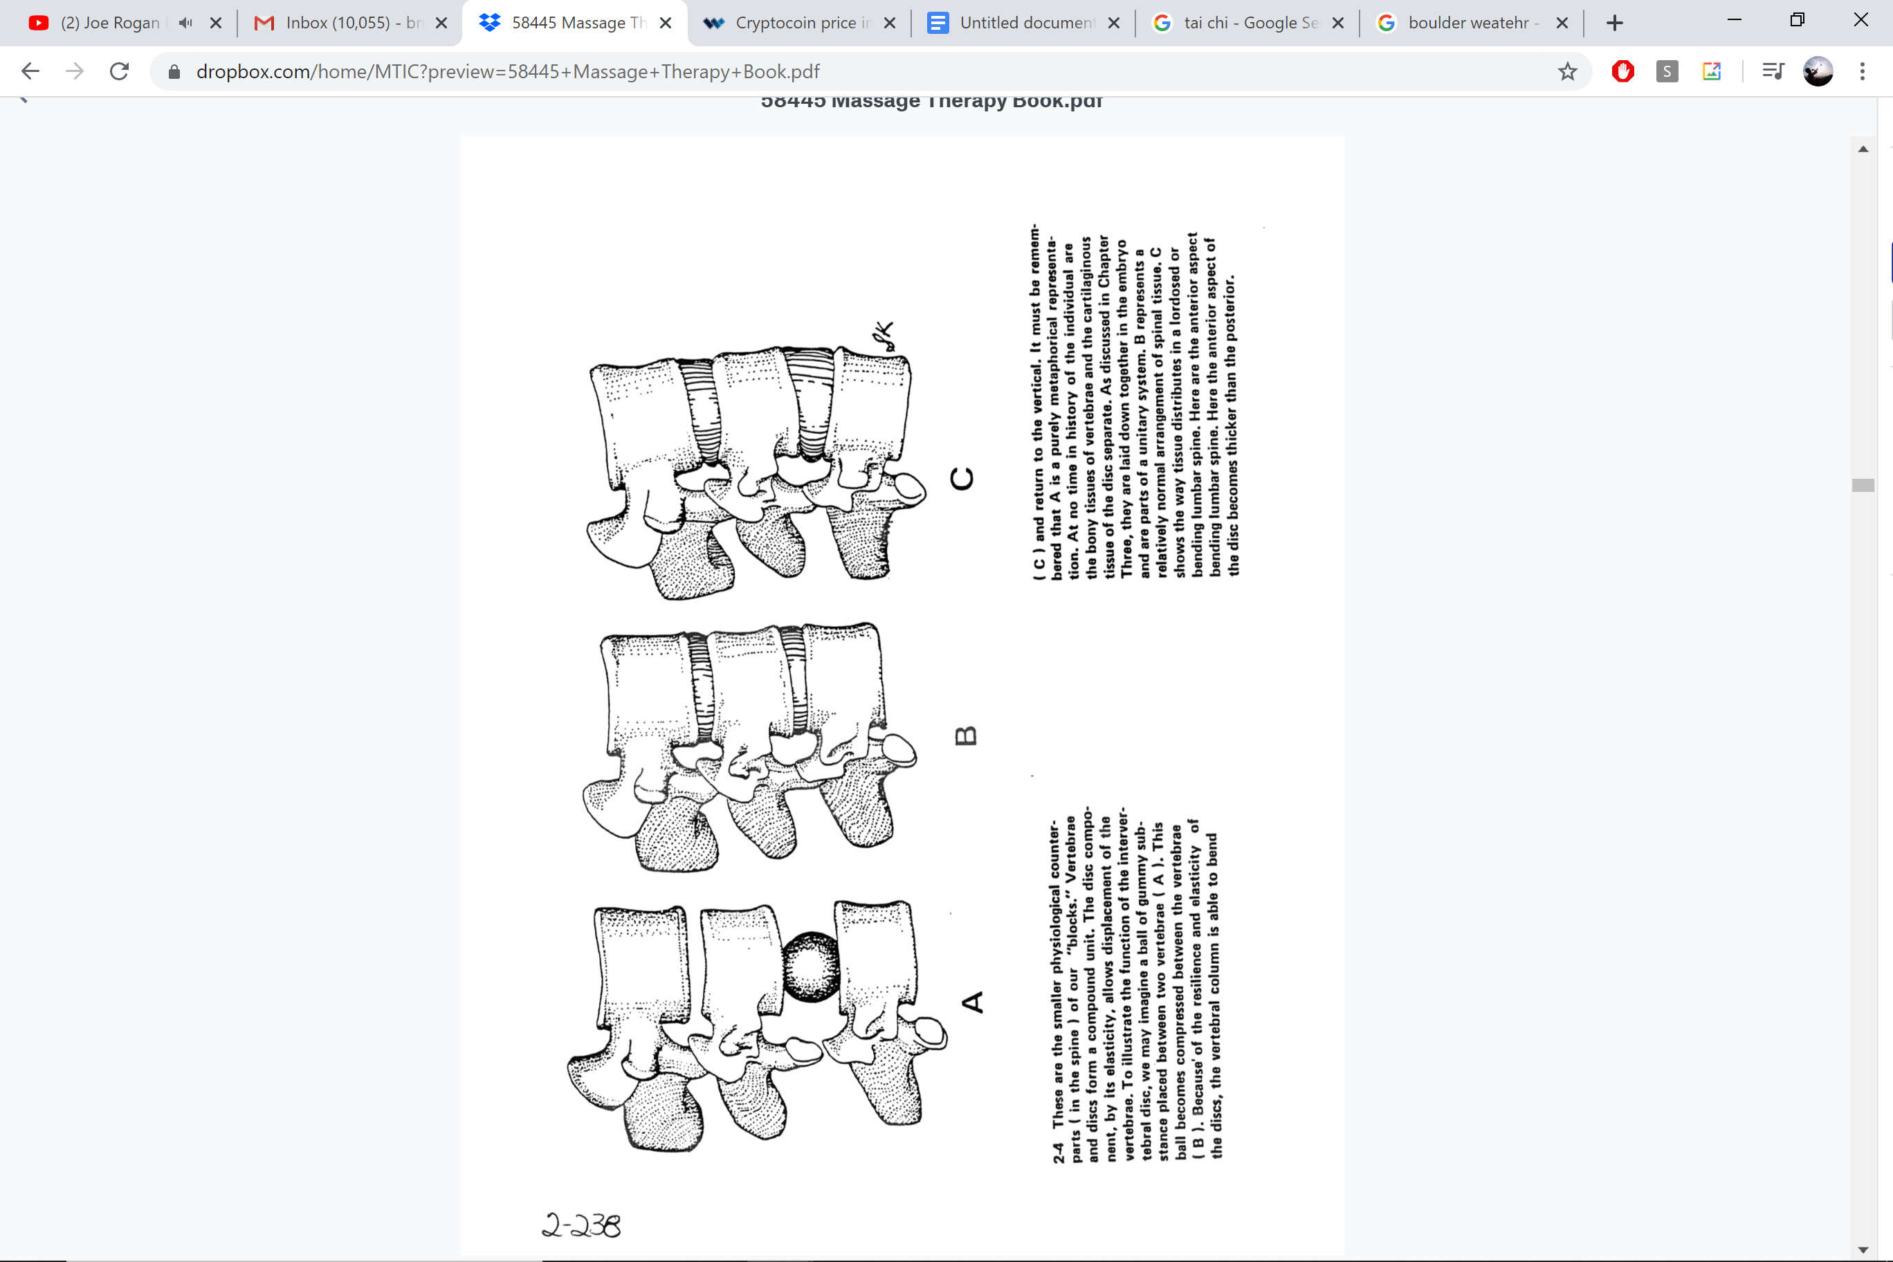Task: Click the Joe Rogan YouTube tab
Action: pos(109,23)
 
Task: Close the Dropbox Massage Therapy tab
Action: pos(666,23)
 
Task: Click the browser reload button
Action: pos(119,72)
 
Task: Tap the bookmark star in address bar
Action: pos(1567,72)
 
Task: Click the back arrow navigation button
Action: pos(30,72)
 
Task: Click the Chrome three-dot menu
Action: pos(1862,72)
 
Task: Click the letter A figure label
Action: pos(972,1002)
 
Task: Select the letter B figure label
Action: pos(966,735)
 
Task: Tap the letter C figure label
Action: pos(962,478)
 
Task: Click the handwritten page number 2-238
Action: pos(581,1225)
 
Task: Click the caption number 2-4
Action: pos(1059,1153)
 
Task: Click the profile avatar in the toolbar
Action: pos(1818,72)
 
